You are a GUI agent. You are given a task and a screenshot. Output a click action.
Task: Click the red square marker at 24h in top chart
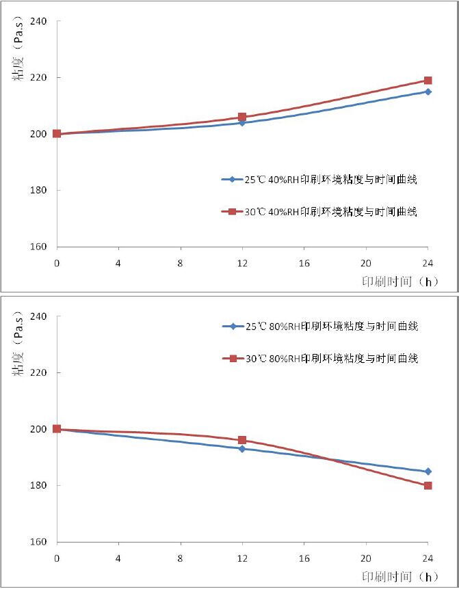click(x=428, y=81)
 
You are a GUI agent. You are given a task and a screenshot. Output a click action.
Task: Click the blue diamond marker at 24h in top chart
click(x=428, y=92)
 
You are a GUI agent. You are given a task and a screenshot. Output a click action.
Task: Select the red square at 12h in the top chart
click(x=242, y=117)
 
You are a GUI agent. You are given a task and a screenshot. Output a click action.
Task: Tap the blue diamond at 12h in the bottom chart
click(x=242, y=449)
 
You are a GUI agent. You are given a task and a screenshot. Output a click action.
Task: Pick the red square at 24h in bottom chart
click(x=428, y=485)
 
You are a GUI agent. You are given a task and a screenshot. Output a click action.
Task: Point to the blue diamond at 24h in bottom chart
click(x=428, y=471)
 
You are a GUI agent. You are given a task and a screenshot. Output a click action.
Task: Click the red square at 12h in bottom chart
click(x=242, y=440)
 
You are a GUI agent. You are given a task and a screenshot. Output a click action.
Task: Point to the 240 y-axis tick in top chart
click(x=39, y=21)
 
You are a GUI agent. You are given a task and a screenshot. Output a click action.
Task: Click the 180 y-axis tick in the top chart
click(x=39, y=190)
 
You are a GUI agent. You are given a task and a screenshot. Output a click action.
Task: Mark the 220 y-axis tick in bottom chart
click(x=39, y=373)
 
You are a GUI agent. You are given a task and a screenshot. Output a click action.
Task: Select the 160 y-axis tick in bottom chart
click(x=39, y=542)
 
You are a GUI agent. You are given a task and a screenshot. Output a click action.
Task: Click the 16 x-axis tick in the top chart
click(x=304, y=263)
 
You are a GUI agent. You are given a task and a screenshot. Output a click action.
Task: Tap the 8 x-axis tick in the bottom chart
click(x=181, y=558)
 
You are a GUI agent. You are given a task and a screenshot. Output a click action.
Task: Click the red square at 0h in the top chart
click(x=57, y=134)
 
